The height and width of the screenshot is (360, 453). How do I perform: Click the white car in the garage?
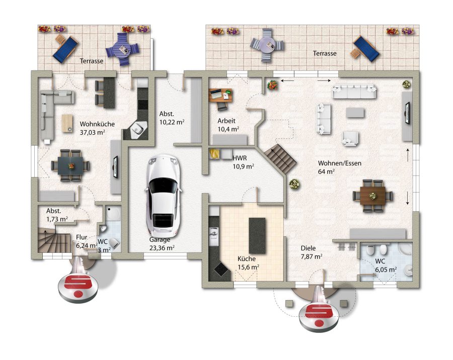(x=164, y=196)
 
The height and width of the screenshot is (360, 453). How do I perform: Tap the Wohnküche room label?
(x=97, y=124)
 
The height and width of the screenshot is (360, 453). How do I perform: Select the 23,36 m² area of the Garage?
(x=162, y=248)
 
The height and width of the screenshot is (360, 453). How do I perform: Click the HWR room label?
(x=240, y=158)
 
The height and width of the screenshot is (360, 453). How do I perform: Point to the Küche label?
(x=247, y=258)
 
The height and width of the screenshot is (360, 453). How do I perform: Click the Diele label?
(x=308, y=248)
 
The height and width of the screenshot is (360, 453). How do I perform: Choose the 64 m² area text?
(x=327, y=171)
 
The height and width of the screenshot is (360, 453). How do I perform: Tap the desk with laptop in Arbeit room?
(x=221, y=95)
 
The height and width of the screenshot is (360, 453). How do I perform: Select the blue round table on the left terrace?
(x=122, y=49)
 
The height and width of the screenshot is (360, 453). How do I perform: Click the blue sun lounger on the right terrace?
(x=366, y=49)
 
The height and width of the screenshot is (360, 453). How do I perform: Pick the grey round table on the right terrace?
(x=267, y=45)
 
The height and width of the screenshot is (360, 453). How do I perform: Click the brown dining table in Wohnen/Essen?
(x=372, y=196)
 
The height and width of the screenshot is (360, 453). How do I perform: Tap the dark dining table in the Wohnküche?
(x=70, y=165)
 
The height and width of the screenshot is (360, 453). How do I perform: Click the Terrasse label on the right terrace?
(x=325, y=53)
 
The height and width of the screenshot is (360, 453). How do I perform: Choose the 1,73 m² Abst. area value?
(x=57, y=219)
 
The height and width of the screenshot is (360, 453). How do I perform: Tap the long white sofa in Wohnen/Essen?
(x=354, y=92)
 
